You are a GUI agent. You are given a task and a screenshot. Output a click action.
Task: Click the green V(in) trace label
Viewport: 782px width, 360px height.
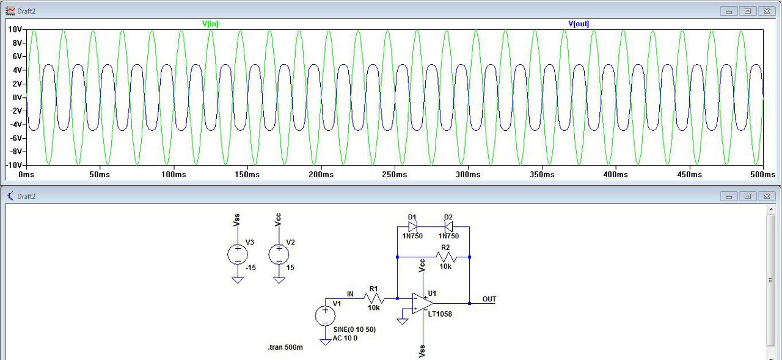[x=211, y=24]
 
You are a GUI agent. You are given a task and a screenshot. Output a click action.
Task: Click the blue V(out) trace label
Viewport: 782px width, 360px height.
[x=579, y=24]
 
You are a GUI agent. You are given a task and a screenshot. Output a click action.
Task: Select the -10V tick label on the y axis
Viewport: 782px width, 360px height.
[x=14, y=165]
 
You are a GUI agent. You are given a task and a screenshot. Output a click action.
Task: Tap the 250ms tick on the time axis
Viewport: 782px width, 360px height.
[x=394, y=175]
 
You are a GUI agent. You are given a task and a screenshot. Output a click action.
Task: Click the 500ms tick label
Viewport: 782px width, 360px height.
[x=762, y=175]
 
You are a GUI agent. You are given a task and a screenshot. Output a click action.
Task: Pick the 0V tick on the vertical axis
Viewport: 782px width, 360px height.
[x=17, y=97]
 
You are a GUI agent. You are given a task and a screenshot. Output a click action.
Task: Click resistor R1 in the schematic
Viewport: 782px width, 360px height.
[x=373, y=298]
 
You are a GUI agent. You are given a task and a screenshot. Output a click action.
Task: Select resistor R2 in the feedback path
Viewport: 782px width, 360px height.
[x=445, y=257]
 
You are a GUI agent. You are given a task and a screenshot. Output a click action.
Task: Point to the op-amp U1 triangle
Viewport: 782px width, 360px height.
[x=422, y=303]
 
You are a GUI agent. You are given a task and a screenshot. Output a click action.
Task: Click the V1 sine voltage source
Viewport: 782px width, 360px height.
[x=325, y=315]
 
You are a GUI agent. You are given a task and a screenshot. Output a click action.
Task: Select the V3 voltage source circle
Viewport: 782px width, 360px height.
[x=237, y=254]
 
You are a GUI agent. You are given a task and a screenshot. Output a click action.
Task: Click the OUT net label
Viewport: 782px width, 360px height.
[x=489, y=299]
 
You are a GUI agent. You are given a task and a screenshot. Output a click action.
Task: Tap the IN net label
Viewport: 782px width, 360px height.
[x=350, y=294]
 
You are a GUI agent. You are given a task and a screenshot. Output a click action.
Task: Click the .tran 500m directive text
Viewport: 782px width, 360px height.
[x=285, y=348]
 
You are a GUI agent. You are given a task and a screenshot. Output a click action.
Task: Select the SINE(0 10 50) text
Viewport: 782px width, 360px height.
[x=354, y=329]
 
